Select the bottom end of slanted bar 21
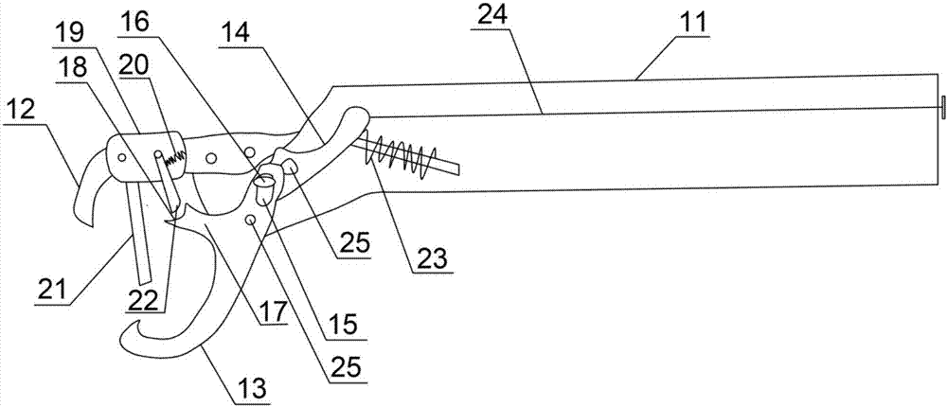[143, 279]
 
